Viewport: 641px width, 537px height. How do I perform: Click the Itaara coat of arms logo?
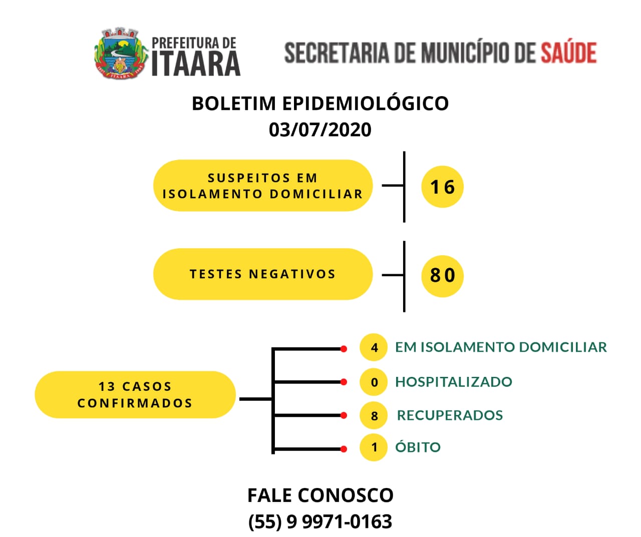(x=121, y=53)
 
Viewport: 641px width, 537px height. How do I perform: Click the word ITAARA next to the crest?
(x=196, y=64)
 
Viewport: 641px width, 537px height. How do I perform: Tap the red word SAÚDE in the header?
(x=568, y=53)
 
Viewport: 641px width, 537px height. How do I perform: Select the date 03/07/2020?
(x=320, y=130)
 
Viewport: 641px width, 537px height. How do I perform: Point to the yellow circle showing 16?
(x=442, y=187)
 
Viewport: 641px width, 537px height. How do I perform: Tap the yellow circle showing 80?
(x=442, y=276)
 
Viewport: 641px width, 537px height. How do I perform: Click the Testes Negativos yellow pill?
(x=263, y=274)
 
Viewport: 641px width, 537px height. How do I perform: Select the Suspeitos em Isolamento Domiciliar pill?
(x=263, y=185)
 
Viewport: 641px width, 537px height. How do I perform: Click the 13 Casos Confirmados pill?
(x=135, y=395)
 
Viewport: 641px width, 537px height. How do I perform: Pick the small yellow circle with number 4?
(x=374, y=347)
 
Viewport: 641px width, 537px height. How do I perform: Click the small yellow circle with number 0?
(x=374, y=382)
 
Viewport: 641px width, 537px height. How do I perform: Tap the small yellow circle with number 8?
(x=374, y=415)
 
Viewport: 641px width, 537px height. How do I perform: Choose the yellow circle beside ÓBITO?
(x=374, y=447)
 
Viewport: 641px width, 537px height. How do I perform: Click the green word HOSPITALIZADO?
(x=454, y=382)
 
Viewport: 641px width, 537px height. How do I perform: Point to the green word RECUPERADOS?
(x=450, y=415)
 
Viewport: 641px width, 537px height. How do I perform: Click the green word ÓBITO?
(x=418, y=446)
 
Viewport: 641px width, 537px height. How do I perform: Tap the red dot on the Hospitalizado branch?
(x=344, y=382)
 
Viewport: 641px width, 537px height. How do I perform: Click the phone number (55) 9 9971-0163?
(x=320, y=521)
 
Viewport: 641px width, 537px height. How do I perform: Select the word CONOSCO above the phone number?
(x=346, y=495)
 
